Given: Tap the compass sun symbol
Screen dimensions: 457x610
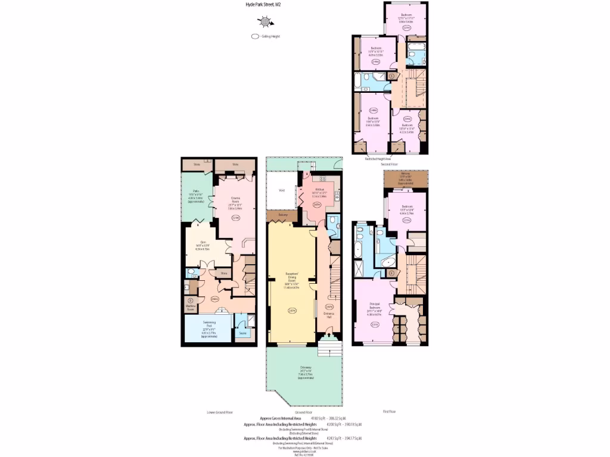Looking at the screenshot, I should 264,22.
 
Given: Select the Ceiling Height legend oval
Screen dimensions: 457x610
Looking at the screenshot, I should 256,36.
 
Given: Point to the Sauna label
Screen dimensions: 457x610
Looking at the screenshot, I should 243,333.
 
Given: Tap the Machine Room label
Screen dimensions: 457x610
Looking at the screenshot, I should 191,308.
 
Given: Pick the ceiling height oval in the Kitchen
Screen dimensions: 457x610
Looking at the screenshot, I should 318,205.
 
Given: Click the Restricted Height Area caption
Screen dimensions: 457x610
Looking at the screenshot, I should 378,159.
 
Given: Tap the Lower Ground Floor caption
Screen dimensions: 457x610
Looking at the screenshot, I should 219,412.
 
